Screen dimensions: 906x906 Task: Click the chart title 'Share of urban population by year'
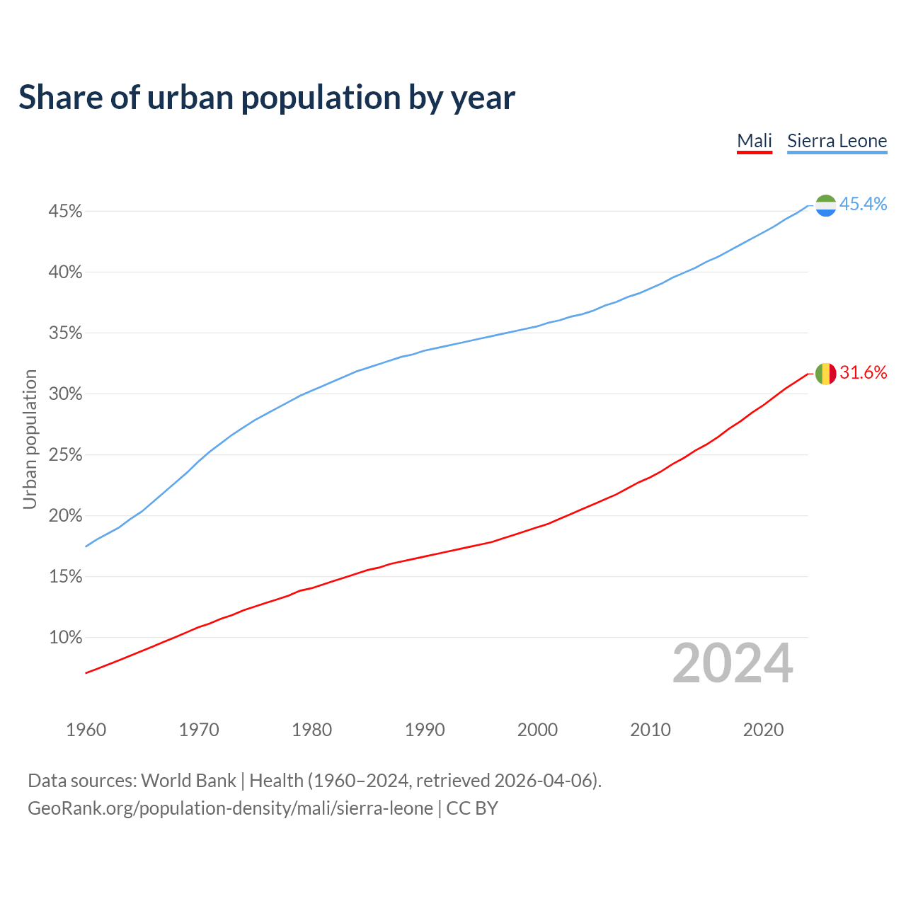pyautogui.click(x=267, y=98)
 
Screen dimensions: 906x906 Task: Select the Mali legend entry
pyautogui.click(x=755, y=141)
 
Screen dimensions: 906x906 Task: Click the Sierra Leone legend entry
pyautogui.click(x=837, y=141)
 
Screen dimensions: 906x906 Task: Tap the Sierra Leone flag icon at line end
pyautogui.click(x=826, y=205)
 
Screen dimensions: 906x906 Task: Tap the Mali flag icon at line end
pyautogui.click(x=826, y=374)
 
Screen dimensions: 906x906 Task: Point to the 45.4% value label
pyautogui.click(x=864, y=205)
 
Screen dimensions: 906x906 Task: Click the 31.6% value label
pyautogui.click(x=864, y=373)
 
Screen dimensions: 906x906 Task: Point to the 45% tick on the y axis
pyautogui.click(x=65, y=212)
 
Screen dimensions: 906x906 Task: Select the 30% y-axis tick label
pyautogui.click(x=65, y=394)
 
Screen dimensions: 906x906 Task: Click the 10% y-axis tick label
pyautogui.click(x=65, y=638)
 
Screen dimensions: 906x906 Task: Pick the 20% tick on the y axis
pyautogui.click(x=65, y=516)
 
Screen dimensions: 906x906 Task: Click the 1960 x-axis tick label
pyautogui.click(x=86, y=730)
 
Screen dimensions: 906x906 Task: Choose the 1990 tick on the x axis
pyautogui.click(x=425, y=730)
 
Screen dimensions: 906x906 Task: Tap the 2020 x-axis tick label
pyautogui.click(x=763, y=730)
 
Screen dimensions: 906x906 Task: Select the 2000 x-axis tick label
pyautogui.click(x=537, y=730)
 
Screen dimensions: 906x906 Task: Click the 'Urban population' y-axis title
pyautogui.click(x=30, y=439)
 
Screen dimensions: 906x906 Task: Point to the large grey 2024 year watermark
pyautogui.click(x=733, y=664)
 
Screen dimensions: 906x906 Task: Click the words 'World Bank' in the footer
pyautogui.click(x=188, y=781)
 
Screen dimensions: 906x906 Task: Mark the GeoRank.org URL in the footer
pyautogui.click(x=230, y=808)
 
